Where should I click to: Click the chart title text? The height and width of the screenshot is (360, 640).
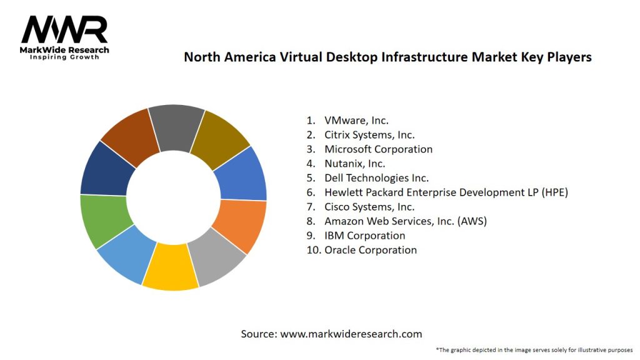[x=387, y=57]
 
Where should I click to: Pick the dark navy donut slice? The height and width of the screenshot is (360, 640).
[x=106, y=169]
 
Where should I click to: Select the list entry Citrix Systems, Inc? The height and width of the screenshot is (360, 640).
[x=369, y=135]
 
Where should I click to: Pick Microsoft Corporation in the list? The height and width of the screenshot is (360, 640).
[x=378, y=149]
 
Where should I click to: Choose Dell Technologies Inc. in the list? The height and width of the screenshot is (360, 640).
[x=376, y=178]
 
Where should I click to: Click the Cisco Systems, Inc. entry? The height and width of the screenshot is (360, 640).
[x=369, y=207]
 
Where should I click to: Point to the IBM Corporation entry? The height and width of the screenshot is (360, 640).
[x=364, y=236]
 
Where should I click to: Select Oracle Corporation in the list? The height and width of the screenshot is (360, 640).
[x=370, y=250]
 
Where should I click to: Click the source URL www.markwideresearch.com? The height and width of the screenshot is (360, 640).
[x=351, y=334]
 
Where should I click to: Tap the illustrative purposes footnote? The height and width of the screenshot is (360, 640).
[x=534, y=349]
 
